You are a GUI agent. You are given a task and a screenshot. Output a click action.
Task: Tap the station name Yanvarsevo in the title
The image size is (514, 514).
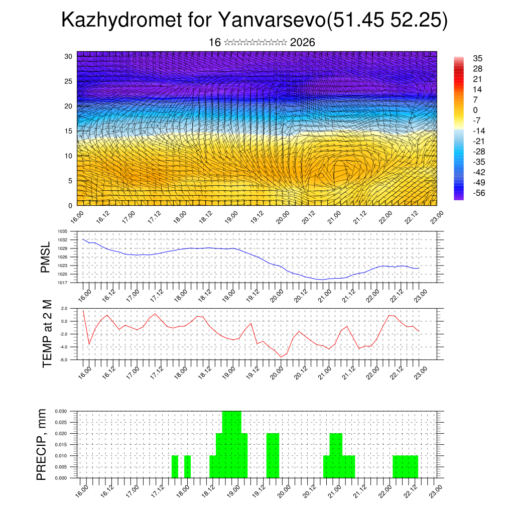pyautogui.click(x=272, y=21)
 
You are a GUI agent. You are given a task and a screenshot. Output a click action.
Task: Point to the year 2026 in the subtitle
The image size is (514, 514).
pyautogui.click(x=303, y=43)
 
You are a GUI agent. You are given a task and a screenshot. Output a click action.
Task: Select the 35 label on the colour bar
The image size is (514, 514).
pyautogui.click(x=478, y=59)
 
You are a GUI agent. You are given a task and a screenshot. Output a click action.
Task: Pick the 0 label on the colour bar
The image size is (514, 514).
pyautogui.click(x=475, y=110)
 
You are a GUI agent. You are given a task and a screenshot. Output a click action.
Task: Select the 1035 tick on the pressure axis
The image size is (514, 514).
pyautogui.click(x=62, y=231)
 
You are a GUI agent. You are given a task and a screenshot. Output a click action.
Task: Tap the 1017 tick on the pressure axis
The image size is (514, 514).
pyautogui.click(x=62, y=283)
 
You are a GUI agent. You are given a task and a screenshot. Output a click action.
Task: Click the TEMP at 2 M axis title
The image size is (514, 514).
pyautogui.click(x=47, y=333)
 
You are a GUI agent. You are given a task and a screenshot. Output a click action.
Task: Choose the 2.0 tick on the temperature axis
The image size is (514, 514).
pyautogui.click(x=64, y=308)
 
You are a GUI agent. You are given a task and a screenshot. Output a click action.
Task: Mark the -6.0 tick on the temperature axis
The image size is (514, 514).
pyautogui.click(x=64, y=359)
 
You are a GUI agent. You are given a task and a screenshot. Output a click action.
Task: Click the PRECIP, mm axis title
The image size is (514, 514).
pyautogui.click(x=42, y=444)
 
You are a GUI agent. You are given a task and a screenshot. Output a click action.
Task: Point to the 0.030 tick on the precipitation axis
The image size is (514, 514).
pyautogui.click(x=61, y=411)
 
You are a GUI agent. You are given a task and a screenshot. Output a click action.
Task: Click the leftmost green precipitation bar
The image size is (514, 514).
pyautogui.click(x=175, y=467)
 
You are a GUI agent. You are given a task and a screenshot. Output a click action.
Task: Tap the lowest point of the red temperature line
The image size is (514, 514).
pyautogui.click(x=282, y=357)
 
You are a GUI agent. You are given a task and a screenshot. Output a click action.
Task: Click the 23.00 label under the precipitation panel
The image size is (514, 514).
pyautogui.click(x=435, y=490)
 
